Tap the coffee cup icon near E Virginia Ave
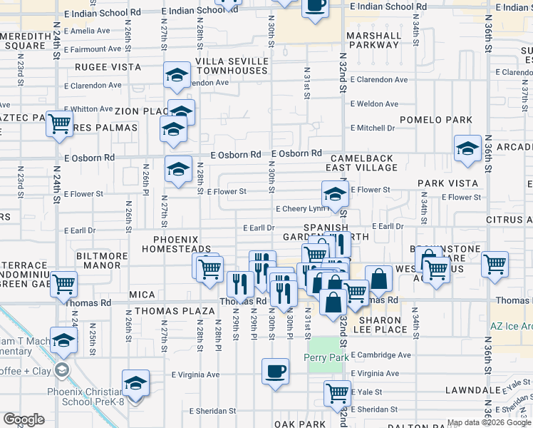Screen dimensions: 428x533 coord(276,371)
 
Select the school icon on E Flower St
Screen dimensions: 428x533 coord(334,193)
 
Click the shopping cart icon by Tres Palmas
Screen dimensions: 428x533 coord(59,124)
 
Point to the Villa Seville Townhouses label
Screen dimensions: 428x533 coord(222,66)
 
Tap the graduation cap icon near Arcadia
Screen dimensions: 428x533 coord(467,148)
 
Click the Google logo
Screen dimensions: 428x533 coord(24,419)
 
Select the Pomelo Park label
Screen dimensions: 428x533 coord(436,120)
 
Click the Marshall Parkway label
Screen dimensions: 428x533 coord(373,41)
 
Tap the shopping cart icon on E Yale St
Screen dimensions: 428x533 coord(337,392)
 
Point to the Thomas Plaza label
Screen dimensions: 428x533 coord(175,311)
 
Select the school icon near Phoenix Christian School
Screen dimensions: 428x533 coord(135,383)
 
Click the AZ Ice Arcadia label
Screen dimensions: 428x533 coord(511,326)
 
